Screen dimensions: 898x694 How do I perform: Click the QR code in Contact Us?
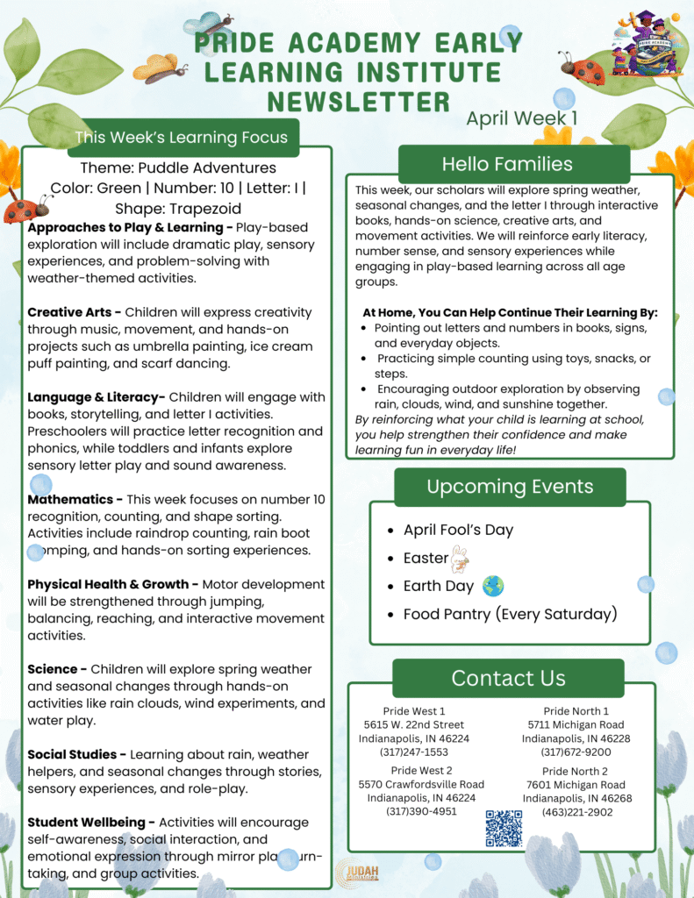(x=504, y=828)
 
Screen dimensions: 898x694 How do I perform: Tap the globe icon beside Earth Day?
(x=493, y=586)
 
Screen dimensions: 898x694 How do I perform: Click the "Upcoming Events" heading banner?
(x=510, y=487)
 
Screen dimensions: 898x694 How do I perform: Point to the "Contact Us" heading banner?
(x=508, y=678)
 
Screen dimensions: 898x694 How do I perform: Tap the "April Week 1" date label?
(x=521, y=118)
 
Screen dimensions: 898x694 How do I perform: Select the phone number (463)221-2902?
(x=576, y=812)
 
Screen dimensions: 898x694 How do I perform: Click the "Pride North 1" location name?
(x=576, y=710)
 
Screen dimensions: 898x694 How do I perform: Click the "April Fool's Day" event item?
(x=458, y=530)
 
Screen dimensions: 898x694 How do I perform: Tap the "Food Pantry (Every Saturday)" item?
(x=510, y=614)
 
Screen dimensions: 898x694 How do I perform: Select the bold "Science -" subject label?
(x=57, y=669)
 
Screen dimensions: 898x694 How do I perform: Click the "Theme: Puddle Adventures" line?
(x=178, y=167)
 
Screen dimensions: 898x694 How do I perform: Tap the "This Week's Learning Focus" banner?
(x=181, y=137)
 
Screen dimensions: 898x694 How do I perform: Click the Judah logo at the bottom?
(x=357, y=872)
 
